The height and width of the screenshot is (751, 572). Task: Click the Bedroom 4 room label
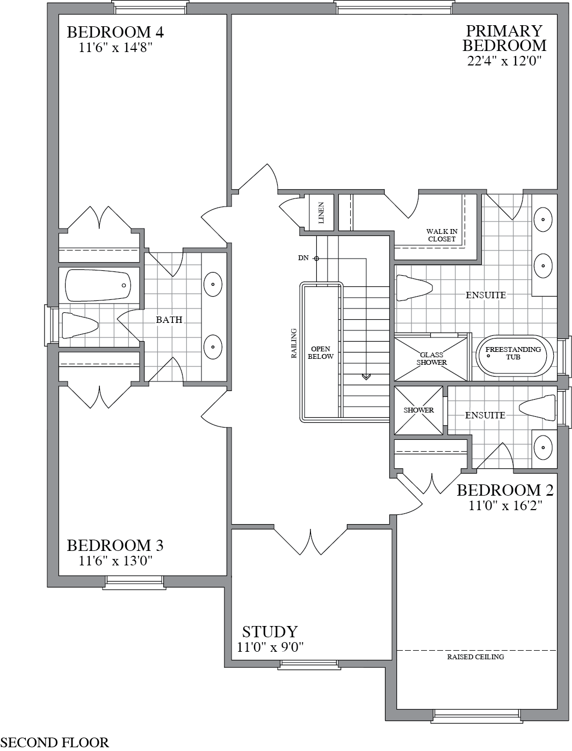tap(115, 32)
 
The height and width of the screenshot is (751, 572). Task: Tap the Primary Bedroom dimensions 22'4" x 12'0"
tap(504, 61)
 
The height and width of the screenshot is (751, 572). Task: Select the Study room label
tap(270, 631)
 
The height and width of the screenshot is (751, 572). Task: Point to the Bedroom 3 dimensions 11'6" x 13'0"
tap(115, 561)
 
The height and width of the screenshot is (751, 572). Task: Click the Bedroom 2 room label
tap(505, 490)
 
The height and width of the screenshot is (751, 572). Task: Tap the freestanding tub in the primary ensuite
tap(514, 355)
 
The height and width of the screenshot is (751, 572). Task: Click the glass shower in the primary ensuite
tap(432, 358)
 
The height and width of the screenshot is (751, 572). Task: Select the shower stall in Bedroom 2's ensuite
tap(419, 410)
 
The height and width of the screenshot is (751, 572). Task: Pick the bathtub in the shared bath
tap(98, 285)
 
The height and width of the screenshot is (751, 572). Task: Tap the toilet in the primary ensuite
tap(414, 288)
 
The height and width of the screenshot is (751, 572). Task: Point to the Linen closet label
tap(321, 212)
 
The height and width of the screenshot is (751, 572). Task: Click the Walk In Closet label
tap(442, 235)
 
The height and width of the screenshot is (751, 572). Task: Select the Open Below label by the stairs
tap(321, 353)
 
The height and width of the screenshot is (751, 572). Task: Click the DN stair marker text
tap(303, 258)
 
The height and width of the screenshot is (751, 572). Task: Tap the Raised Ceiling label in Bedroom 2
tap(475, 657)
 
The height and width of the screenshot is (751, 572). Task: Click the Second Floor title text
tap(55, 742)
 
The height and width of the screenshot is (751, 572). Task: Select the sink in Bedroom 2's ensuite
tap(544, 446)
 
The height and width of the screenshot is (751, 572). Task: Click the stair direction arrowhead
tap(366, 377)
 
